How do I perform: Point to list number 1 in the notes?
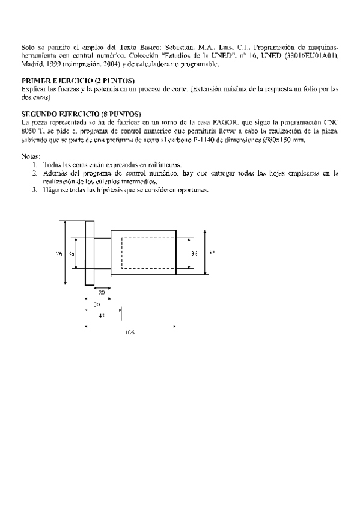[35, 165]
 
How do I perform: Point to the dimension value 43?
[102, 315]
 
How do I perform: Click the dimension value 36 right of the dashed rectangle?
[194, 254]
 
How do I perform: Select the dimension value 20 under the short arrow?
[102, 292]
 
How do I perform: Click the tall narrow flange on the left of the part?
[90, 253]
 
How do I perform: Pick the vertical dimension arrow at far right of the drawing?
[206, 253]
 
